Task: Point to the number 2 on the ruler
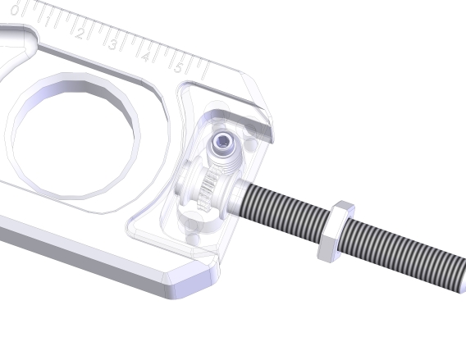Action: pos(80,33)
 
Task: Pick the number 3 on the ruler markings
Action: pos(112,45)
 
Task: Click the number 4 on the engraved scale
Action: pos(145,57)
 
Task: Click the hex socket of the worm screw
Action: pos(222,145)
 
